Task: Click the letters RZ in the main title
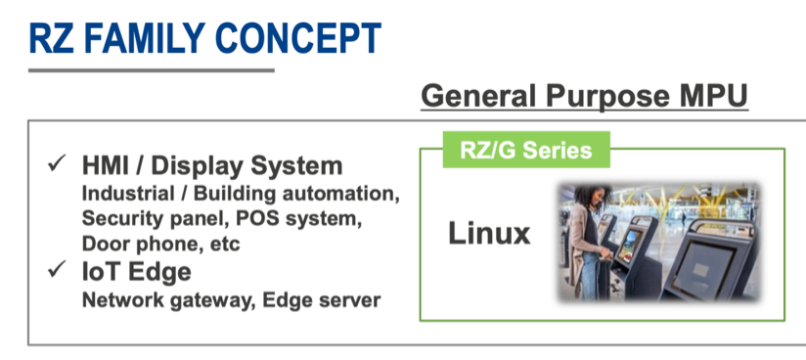47,36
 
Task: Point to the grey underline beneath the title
151,69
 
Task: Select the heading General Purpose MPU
584,96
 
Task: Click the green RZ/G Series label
525,150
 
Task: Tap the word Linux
489,234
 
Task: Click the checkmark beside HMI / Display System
56,163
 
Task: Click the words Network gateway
157,299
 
